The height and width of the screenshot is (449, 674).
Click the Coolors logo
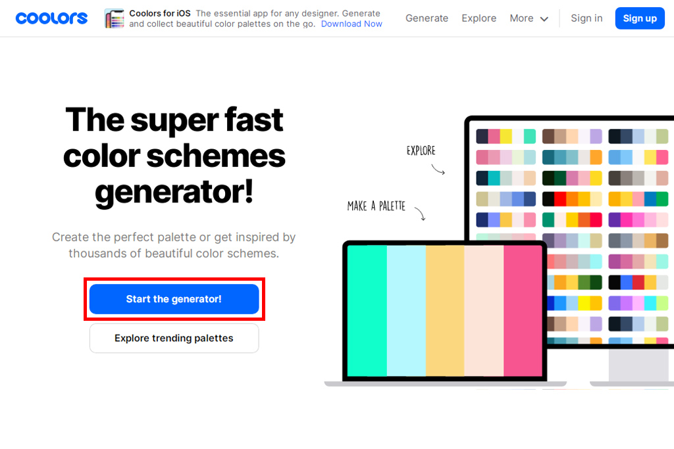(x=51, y=18)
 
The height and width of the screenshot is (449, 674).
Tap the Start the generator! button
(x=174, y=298)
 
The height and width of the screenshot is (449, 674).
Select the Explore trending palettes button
(x=174, y=339)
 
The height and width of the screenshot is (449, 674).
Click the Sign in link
(x=586, y=18)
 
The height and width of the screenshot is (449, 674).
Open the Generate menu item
(x=427, y=18)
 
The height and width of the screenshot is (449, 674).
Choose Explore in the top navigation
(x=479, y=18)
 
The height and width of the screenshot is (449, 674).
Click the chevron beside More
(x=544, y=19)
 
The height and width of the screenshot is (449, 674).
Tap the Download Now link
(x=351, y=24)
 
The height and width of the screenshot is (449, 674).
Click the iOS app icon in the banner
(x=115, y=18)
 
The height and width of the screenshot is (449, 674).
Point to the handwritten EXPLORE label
(x=421, y=151)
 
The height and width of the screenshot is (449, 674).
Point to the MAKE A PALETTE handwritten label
(x=376, y=206)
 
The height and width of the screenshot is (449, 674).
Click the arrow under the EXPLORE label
(x=438, y=170)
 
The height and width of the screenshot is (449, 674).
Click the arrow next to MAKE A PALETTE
(x=421, y=214)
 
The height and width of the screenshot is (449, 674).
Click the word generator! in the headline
(x=174, y=193)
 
